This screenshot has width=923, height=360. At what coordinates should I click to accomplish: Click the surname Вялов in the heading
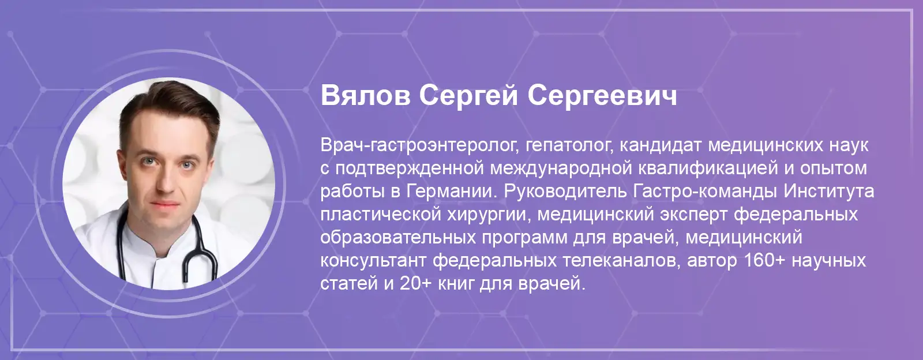click(366, 95)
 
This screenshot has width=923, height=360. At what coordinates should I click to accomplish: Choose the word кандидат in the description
click(661, 145)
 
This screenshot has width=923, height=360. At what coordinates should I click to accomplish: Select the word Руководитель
click(565, 191)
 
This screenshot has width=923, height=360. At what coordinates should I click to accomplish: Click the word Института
click(829, 192)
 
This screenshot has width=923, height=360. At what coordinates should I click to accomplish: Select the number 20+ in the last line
click(415, 284)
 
